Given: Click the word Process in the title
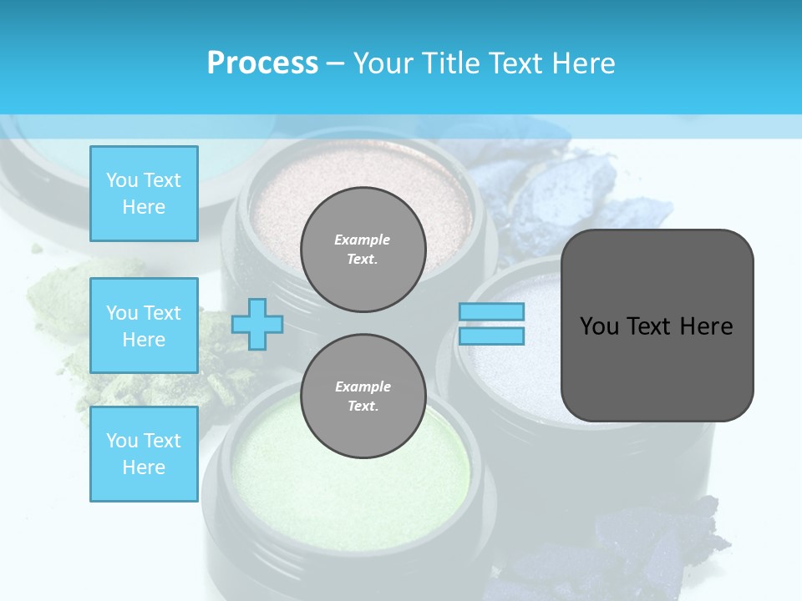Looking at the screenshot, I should coord(262,63).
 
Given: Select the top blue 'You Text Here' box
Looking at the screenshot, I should coord(144,194).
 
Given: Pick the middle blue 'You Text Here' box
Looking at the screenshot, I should coord(144,326).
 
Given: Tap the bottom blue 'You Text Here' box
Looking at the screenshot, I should coord(144,454).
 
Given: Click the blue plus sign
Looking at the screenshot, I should coord(257,324).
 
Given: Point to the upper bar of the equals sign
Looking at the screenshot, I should coord(491,311).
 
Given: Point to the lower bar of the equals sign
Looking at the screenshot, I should coord(491,336).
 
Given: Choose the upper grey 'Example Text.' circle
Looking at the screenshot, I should coord(363,250).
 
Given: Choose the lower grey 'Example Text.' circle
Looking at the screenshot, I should coord(363,396).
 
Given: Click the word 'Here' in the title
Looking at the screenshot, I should coord(583,63).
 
